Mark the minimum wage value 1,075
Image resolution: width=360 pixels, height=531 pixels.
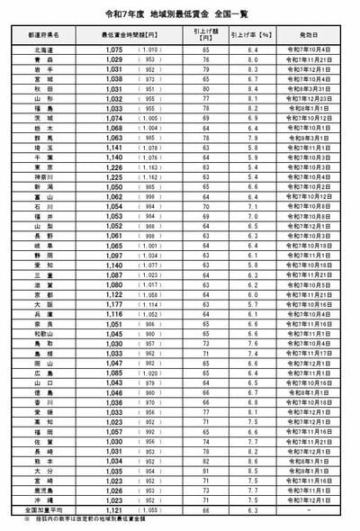point(112,50)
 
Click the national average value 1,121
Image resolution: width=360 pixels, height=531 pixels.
point(112,509)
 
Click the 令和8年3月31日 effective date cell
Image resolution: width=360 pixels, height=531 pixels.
point(310,89)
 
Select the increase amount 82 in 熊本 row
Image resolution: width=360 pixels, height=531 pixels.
point(206,460)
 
